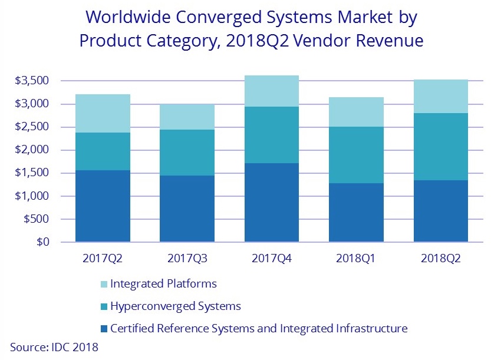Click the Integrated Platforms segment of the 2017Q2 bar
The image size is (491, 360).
tap(103, 113)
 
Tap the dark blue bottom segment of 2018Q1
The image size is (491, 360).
tap(356, 212)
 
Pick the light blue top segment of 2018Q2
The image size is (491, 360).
tap(440, 96)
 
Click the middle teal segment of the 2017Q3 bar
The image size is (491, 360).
tap(187, 153)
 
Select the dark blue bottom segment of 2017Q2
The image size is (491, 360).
tap(103, 206)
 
